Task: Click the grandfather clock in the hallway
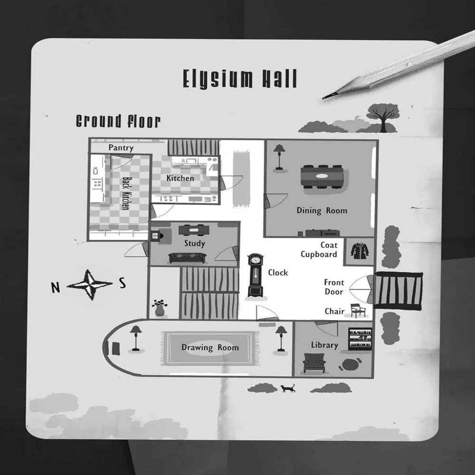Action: click(256, 275)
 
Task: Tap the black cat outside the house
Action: click(288, 388)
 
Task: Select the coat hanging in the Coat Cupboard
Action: click(360, 250)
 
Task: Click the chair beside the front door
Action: click(358, 311)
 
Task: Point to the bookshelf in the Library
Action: click(360, 339)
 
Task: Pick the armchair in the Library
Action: click(314, 363)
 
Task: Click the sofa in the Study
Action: click(187, 258)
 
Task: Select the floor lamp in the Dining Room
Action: click(279, 157)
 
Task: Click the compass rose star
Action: click(90, 285)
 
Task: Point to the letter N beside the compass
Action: click(56, 287)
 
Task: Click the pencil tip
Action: click(323, 98)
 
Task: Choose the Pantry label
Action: click(121, 148)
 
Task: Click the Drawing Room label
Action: click(210, 348)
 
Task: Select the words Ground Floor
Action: click(118, 121)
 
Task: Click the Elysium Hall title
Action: click(239, 79)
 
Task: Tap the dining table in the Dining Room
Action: click(322, 177)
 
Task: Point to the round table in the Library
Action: click(350, 365)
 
